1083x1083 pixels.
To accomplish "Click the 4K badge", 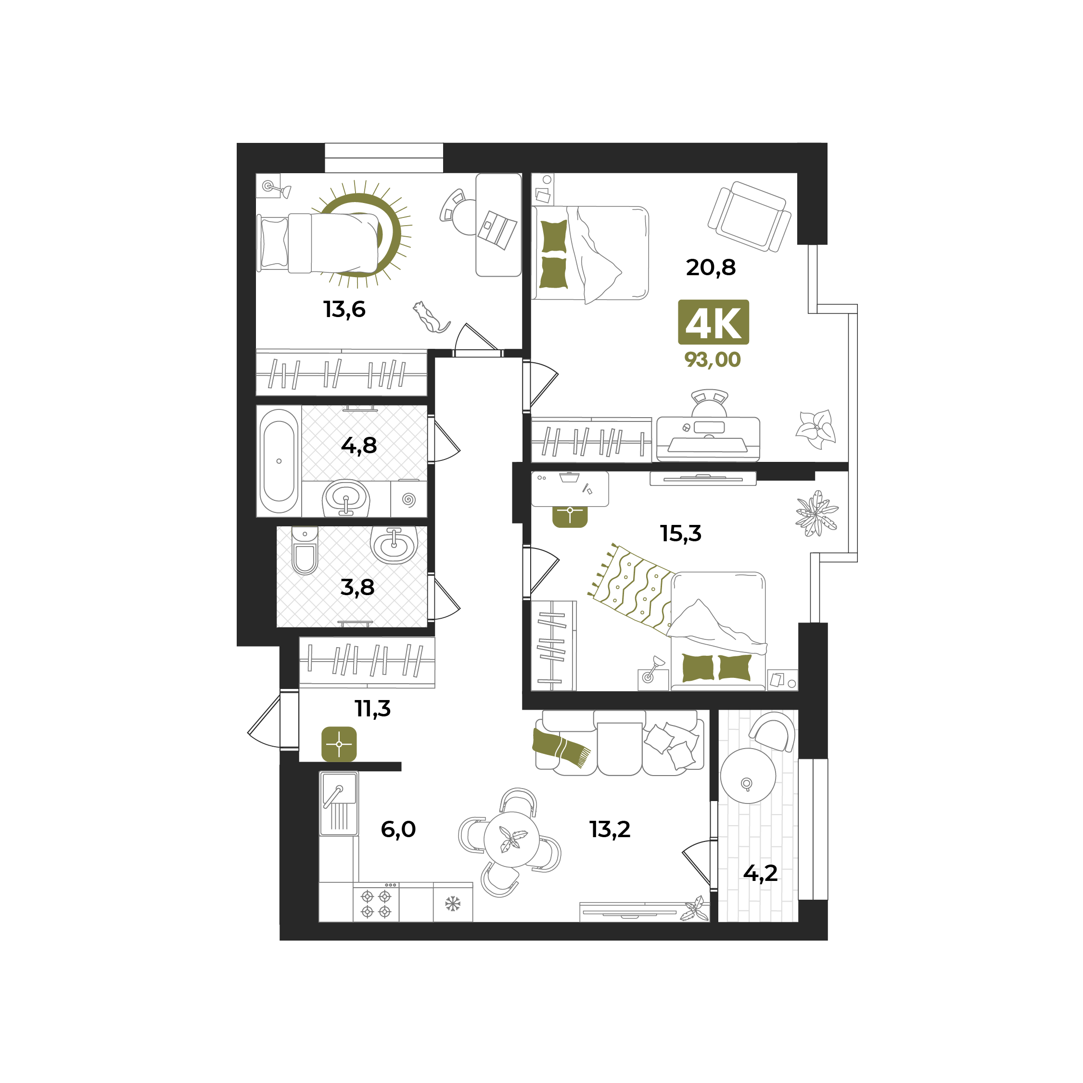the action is (713, 322).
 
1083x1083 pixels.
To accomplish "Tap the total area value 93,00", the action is (713, 359).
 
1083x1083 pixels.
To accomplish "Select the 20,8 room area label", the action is (710, 268).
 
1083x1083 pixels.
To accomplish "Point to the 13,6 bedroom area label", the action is (344, 309).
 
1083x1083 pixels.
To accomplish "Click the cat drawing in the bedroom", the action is (431, 317).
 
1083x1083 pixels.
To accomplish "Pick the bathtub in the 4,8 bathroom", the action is (279, 461).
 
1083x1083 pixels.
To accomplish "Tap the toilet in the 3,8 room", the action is (305, 550).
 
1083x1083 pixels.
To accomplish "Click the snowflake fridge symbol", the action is (452, 904).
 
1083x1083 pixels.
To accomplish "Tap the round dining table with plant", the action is (511, 839).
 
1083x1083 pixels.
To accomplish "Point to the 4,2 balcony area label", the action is (760, 873).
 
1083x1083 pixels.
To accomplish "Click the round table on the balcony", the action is (748, 776).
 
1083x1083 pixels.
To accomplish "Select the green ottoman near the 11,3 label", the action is (339, 744).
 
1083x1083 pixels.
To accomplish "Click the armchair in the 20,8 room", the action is (749, 217).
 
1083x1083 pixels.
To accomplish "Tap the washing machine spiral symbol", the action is (408, 499).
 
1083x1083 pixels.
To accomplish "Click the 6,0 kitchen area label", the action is (398, 829).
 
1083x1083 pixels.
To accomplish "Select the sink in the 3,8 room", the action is (394, 544).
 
